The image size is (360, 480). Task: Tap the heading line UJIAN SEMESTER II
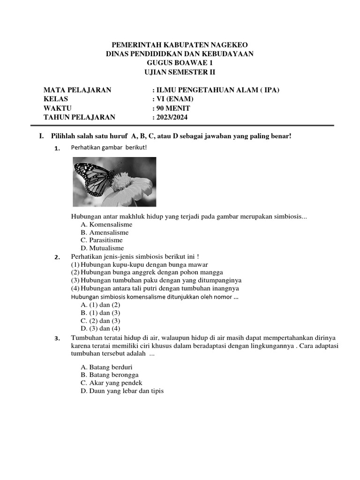click(x=180, y=72)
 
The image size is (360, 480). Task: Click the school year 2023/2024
click(x=170, y=117)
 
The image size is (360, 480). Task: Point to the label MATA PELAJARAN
click(x=77, y=90)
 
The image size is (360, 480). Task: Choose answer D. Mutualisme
click(x=102, y=248)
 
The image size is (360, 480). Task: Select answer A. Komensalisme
click(x=106, y=225)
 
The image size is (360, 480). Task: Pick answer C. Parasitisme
click(x=101, y=240)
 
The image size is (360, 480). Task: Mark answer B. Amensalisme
click(x=105, y=232)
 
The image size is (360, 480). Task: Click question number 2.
click(x=57, y=257)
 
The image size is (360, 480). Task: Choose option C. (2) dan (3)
click(x=100, y=321)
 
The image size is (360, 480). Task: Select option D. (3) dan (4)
click(x=100, y=329)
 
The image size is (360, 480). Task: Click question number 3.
click(x=57, y=338)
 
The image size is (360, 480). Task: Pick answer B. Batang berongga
click(x=110, y=375)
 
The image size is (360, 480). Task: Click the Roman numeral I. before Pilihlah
click(x=41, y=136)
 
